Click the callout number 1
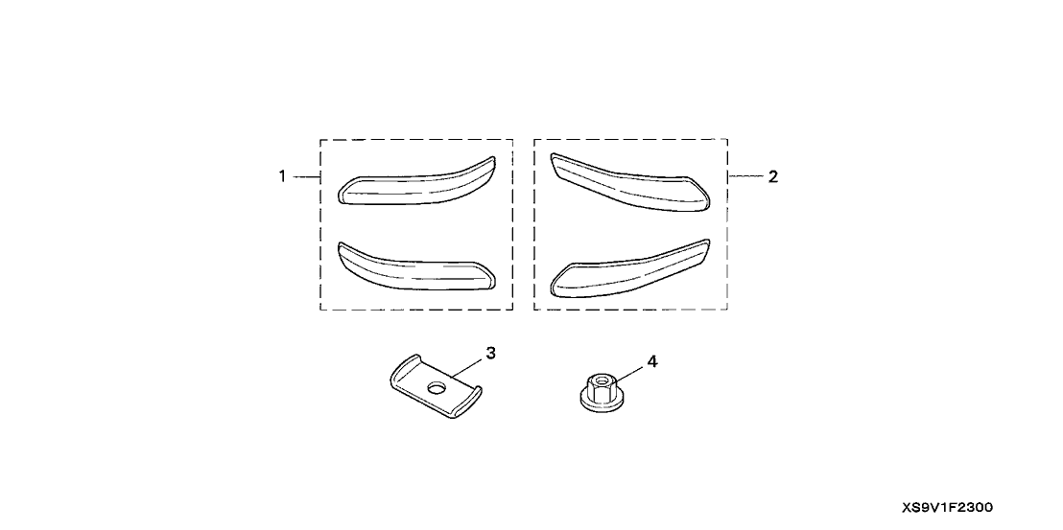point(282,176)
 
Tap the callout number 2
point(773,176)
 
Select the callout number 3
point(491,353)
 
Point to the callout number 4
point(652,361)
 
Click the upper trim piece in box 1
point(416,186)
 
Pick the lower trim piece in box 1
point(416,269)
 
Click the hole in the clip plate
point(437,388)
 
